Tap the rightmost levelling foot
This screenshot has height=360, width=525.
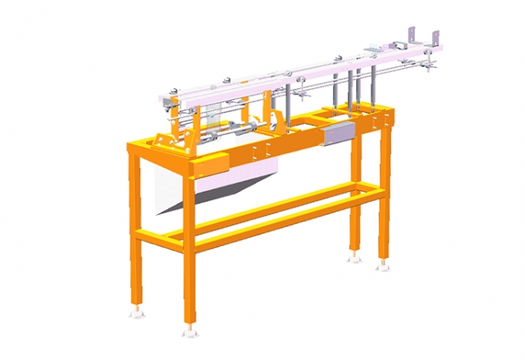tap(382, 266)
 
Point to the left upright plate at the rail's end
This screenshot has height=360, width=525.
tap(409, 34)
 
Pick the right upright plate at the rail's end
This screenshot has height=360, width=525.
tap(435, 38)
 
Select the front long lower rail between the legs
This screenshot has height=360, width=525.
tap(279, 216)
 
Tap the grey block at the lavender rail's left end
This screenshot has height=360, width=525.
tap(171, 102)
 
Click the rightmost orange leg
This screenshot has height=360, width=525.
tap(384, 197)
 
